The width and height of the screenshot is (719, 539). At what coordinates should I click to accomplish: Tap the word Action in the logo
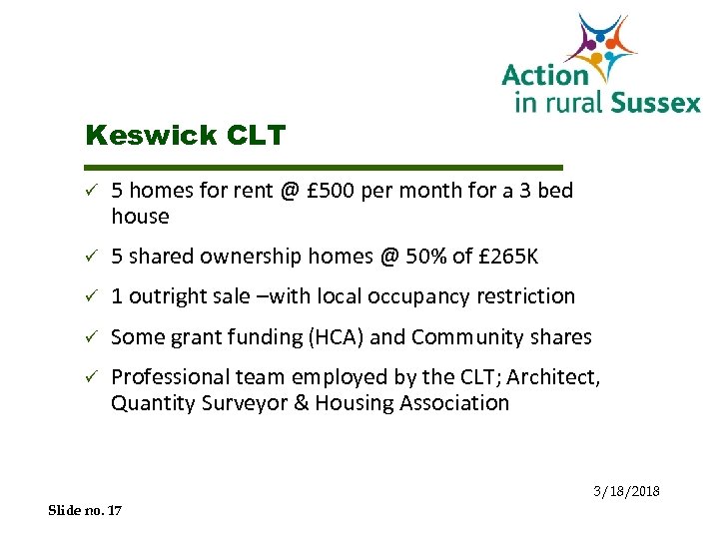(544, 75)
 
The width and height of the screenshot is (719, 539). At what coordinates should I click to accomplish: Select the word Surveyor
(246, 403)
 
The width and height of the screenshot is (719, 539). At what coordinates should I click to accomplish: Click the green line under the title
(325, 166)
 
